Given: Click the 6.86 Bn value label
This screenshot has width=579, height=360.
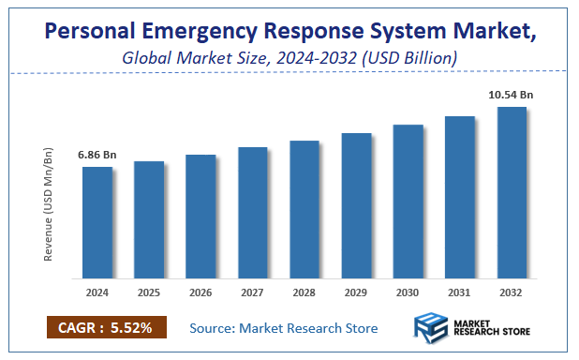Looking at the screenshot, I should (x=96, y=154).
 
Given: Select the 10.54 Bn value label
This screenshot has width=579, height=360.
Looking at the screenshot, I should (x=512, y=94).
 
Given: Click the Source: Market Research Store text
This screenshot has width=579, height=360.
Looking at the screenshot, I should (x=283, y=328).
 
